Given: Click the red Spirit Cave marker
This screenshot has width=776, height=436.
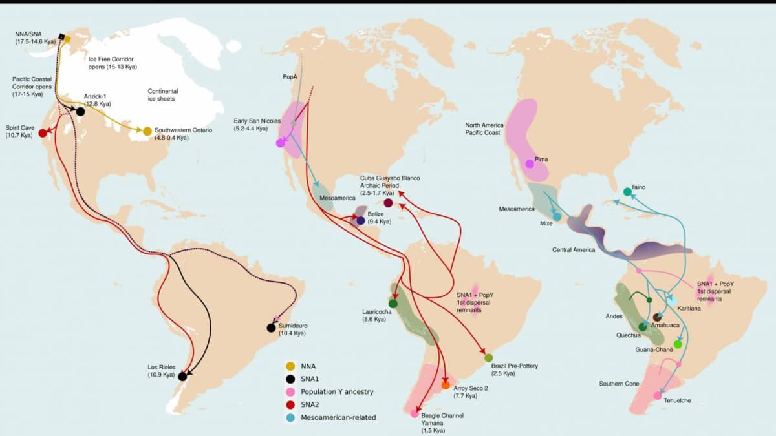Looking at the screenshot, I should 43,133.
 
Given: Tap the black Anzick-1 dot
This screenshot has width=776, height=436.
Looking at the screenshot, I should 80,111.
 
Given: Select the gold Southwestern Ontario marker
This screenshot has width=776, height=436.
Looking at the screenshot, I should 147,131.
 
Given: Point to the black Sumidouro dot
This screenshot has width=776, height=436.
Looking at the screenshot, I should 271,327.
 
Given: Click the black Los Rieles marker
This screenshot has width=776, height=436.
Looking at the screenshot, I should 183,376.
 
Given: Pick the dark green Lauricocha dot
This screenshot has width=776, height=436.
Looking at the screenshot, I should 393,303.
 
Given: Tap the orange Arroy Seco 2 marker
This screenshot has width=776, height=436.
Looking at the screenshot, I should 446,385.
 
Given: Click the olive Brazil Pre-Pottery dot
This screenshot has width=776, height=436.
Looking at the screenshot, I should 488,357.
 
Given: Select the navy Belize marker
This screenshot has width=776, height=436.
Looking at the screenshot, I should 361,221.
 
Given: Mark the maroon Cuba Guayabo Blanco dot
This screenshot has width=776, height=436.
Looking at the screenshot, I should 388,203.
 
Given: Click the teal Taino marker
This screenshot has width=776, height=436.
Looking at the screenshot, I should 627,192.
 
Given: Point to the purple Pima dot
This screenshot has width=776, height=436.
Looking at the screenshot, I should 530,163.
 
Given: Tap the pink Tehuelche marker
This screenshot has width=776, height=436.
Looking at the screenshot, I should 657,395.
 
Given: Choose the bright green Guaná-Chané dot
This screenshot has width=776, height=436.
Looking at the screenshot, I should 678,344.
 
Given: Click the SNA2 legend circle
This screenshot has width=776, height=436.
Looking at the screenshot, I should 290,404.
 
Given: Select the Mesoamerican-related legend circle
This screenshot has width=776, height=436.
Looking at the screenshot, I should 290,417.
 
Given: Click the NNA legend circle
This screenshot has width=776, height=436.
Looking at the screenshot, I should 290,366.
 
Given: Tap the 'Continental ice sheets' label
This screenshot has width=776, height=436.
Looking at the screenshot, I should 163,95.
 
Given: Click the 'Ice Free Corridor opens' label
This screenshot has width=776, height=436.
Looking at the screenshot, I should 113,63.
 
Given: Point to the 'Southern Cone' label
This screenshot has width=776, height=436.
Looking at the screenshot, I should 619,384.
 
